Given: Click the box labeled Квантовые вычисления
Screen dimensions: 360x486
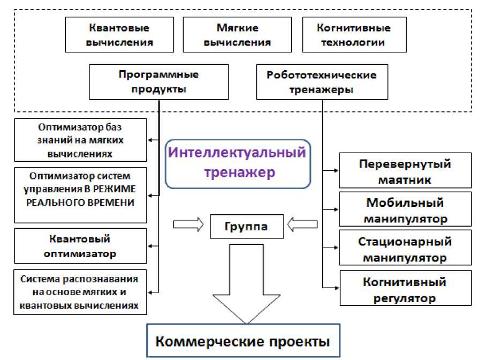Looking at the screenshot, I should (119, 35).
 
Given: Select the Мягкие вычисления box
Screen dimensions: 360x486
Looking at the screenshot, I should (237, 35).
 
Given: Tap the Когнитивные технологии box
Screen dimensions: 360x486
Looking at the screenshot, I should (353, 35).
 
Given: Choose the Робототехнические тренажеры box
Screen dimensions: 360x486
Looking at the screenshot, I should (322, 82).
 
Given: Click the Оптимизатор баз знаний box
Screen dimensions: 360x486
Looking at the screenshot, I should (80, 140).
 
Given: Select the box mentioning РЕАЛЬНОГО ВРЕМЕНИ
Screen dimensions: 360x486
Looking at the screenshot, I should (80, 195).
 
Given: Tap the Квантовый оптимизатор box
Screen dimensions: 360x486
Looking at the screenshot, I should (80, 246).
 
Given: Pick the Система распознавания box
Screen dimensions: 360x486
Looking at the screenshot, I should (80, 291).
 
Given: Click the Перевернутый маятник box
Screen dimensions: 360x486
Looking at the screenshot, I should (405, 171).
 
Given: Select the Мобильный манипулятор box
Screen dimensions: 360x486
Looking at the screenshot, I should (405, 211).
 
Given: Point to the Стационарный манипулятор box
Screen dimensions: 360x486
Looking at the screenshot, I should (405, 250).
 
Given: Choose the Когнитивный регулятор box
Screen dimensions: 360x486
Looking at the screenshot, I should (405, 289).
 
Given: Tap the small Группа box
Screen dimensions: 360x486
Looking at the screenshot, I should (246, 227).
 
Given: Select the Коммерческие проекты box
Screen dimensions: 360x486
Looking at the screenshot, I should (243, 341).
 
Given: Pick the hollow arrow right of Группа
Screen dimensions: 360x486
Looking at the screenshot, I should (302, 224).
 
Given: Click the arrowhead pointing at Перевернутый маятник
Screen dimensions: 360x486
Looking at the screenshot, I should (336, 171).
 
